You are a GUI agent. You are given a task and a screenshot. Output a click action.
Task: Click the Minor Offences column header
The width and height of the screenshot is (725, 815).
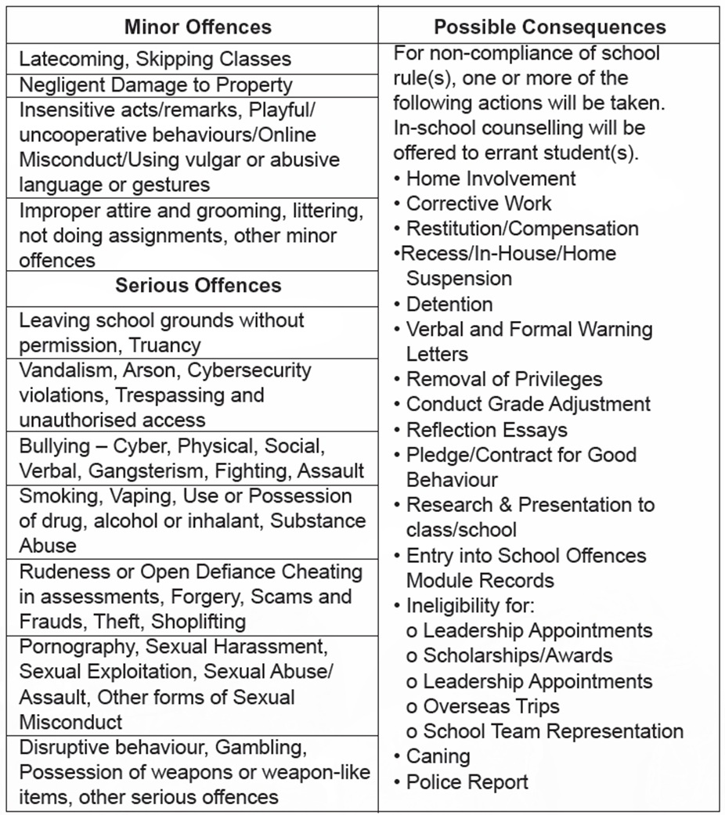coord(197,27)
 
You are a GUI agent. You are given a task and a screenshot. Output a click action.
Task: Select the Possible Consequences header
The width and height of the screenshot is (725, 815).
coord(550,27)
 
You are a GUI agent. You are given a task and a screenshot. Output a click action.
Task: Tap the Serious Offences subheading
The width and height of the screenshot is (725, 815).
coord(198,285)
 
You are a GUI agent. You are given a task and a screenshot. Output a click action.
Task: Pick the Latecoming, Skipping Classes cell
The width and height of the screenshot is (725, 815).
coord(155,60)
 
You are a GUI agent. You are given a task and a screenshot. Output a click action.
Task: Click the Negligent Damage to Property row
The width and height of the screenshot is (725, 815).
coord(156,85)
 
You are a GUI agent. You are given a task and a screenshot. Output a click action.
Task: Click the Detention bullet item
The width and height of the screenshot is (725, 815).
coord(449,304)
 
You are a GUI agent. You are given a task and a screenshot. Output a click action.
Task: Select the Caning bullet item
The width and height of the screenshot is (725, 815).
coord(438,756)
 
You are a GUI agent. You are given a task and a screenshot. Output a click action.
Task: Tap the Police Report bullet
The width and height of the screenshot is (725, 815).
coord(467,781)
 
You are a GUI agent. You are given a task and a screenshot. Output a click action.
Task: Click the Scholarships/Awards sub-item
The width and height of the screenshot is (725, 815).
coord(518,655)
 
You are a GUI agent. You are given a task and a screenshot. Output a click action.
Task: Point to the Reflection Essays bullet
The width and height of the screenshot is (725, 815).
coord(486,430)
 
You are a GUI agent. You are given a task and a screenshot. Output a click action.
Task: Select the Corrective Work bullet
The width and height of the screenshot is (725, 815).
coord(478,204)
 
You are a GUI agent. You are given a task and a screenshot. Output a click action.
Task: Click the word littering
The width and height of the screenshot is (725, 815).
coord(308,211)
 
